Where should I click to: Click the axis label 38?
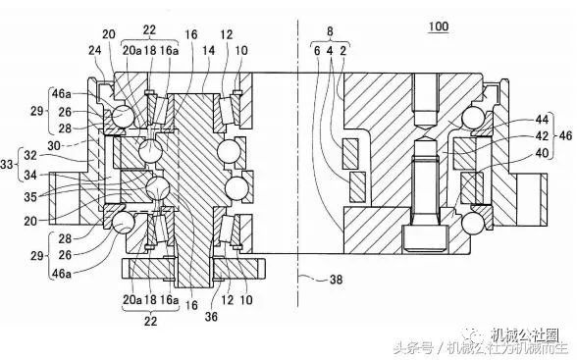coord(336,278)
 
